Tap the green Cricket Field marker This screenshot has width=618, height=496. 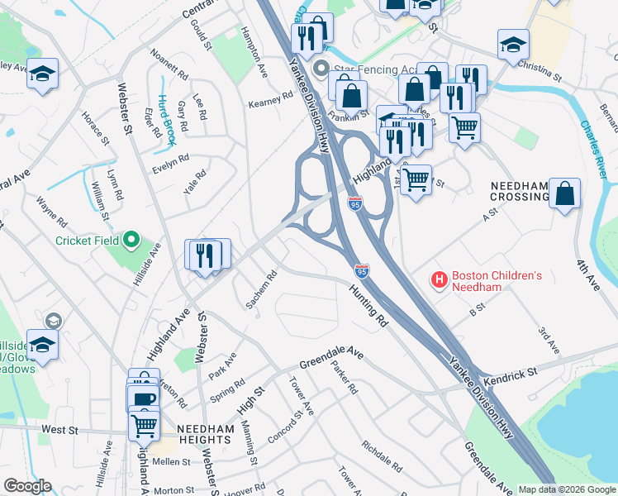pyautogui.click(x=131, y=241)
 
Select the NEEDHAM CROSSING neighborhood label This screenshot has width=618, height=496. pyautogui.click(x=519, y=190)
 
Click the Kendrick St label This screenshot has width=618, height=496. pyautogui.click(x=511, y=374)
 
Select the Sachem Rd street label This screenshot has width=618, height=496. pyautogui.click(x=261, y=290)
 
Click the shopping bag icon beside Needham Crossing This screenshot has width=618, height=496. pyautogui.click(x=563, y=195)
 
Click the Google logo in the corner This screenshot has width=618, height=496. pyautogui.click(x=27, y=486)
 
